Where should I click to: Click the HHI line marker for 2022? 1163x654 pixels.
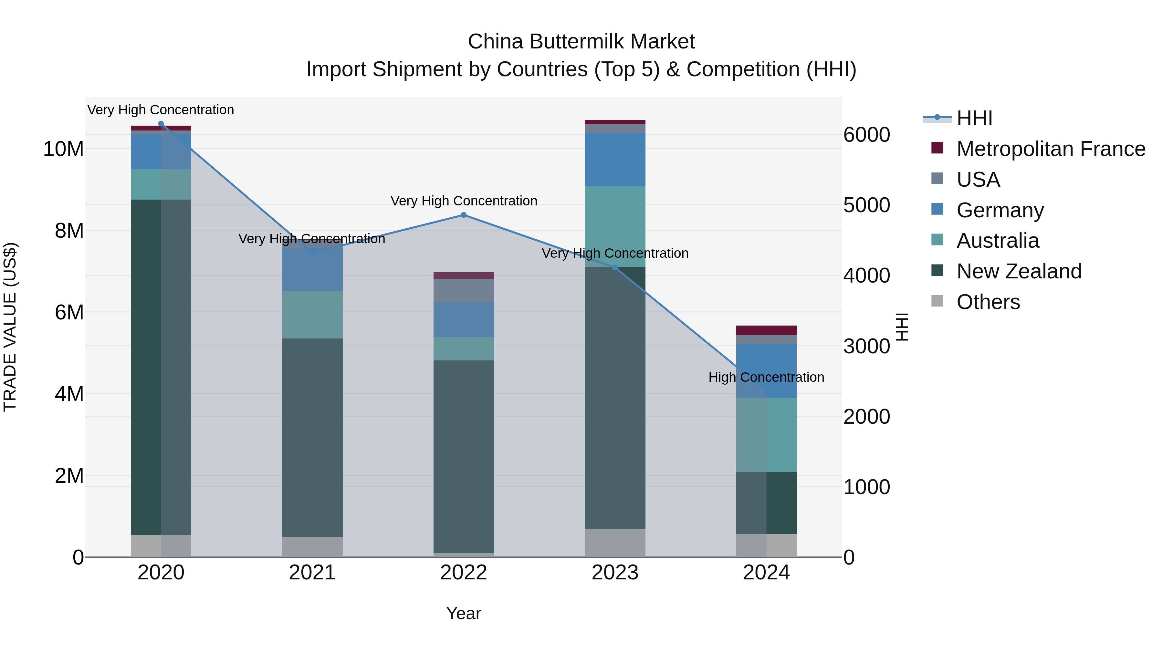463,215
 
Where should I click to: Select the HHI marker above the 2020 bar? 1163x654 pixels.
161,124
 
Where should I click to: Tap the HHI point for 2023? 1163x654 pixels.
614,268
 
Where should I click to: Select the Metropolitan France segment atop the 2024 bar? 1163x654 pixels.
766,330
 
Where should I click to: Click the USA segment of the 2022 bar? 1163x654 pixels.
463,290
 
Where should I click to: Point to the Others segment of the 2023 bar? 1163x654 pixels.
614,543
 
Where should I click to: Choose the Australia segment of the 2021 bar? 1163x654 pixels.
312,314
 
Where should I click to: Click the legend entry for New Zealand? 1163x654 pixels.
1019,271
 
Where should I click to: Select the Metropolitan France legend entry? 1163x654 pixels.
1050,149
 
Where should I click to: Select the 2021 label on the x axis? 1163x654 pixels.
312,573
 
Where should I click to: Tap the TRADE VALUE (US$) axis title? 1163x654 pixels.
10,327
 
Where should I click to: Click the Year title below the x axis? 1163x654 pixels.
463,613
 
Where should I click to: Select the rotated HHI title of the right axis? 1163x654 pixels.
902,327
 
